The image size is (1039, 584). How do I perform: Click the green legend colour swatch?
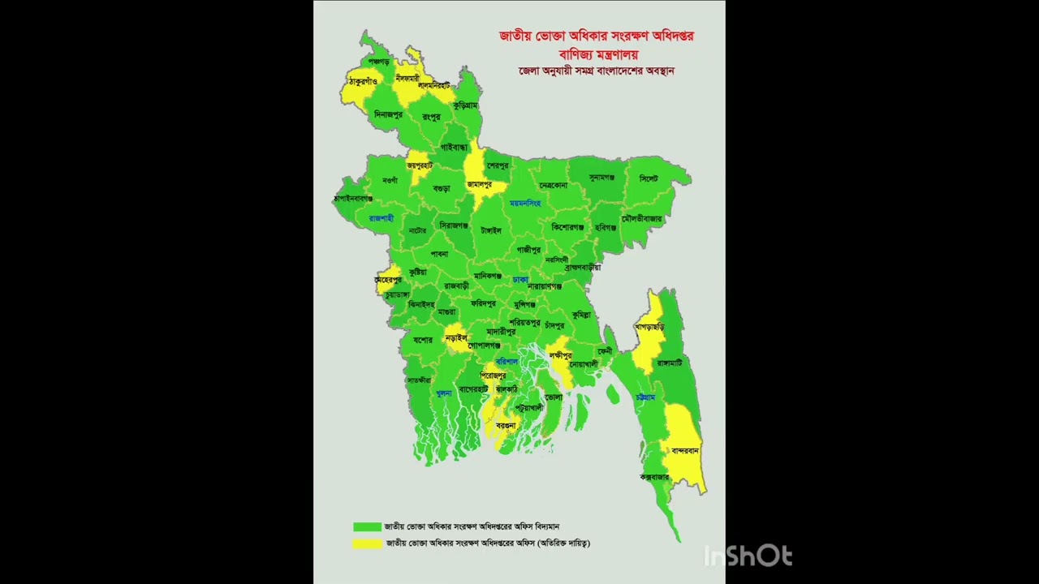pos(367,526)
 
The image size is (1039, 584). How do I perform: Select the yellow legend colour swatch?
pos(367,543)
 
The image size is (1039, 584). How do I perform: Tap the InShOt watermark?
pos(747,556)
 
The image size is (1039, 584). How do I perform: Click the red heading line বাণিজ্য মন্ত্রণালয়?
pos(598,54)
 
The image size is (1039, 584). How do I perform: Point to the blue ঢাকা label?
pos(520,279)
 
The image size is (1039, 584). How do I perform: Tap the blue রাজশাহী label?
pos(381,218)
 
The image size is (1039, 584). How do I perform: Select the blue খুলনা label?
pos(443,393)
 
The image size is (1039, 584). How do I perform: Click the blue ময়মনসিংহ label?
pos(524,203)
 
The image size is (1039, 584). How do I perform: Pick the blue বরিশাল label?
pos(507,361)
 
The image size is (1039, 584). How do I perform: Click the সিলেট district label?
pos(648,178)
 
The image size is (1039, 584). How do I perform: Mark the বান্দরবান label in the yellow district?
pos(685,451)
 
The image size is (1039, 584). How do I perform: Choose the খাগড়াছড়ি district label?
pos(649,327)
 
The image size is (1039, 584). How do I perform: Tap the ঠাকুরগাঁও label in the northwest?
pos(363,81)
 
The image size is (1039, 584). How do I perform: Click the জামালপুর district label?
pos(479,185)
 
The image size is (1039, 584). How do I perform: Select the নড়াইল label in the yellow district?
pos(456,337)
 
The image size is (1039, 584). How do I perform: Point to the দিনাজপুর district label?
pos(388,115)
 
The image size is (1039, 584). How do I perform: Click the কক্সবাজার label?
pos(654,477)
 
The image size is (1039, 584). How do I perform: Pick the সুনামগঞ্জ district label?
pos(601,177)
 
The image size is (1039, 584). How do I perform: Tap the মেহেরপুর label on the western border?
pos(388,280)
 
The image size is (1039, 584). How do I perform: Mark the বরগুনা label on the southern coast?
pos(506,425)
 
